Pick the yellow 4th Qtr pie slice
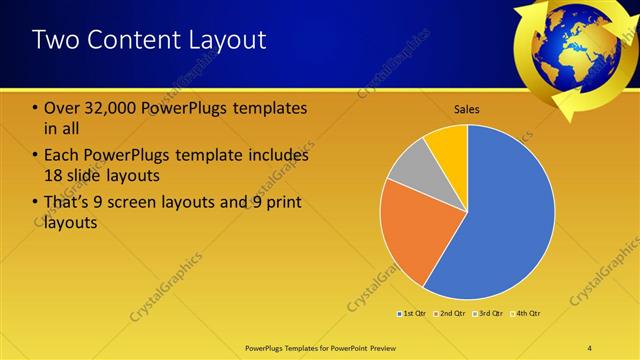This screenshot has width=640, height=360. pyautogui.click(x=449, y=146)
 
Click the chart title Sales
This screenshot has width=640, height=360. pyautogui.click(x=467, y=108)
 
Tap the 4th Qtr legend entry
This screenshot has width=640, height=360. pyautogui.click(x=526, y=314)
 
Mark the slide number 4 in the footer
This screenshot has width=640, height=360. pyautogui.click(x=589, y=348)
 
